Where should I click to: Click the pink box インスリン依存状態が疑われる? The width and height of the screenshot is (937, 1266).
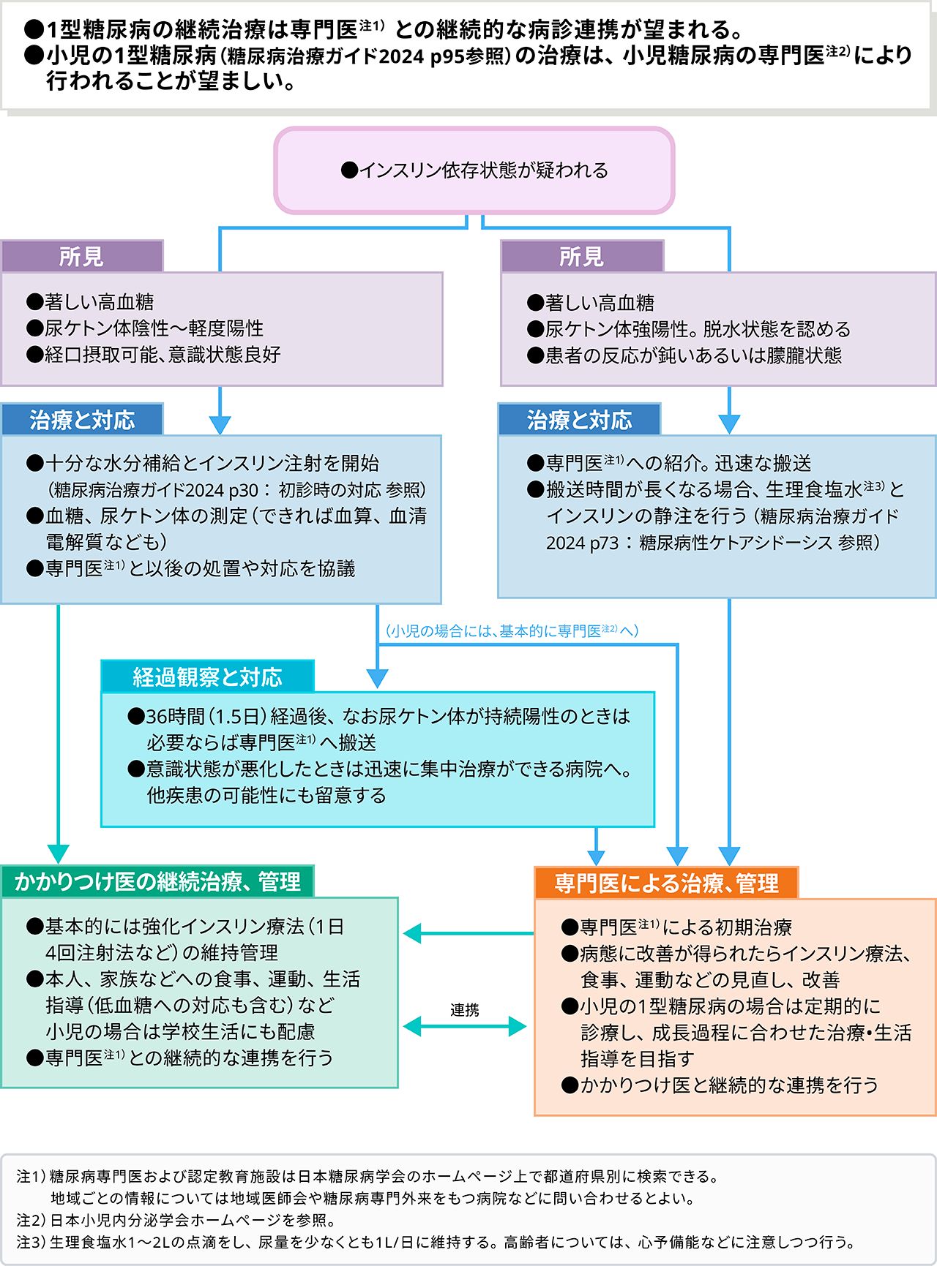pos(474,170)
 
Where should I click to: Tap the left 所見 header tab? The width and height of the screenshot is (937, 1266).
pos(82,257)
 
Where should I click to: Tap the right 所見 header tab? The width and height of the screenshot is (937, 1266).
pos(582,257)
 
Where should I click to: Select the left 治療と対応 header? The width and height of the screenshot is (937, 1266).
pos(82,420)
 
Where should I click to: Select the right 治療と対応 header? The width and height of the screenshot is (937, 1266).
pos(579,420)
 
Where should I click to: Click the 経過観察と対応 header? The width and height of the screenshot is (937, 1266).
pos(207,677)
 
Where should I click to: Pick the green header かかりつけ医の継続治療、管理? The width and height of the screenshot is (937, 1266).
pos(157,882)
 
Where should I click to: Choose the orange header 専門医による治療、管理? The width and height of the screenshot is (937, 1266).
pos(666,883)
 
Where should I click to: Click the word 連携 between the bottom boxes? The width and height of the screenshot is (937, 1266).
pos(465,1010)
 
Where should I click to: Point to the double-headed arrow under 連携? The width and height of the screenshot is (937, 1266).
pos(465,1027)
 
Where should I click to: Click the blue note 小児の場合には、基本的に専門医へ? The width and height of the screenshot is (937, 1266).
pos(512,630)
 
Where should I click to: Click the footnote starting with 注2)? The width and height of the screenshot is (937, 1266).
pos(176,1220)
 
